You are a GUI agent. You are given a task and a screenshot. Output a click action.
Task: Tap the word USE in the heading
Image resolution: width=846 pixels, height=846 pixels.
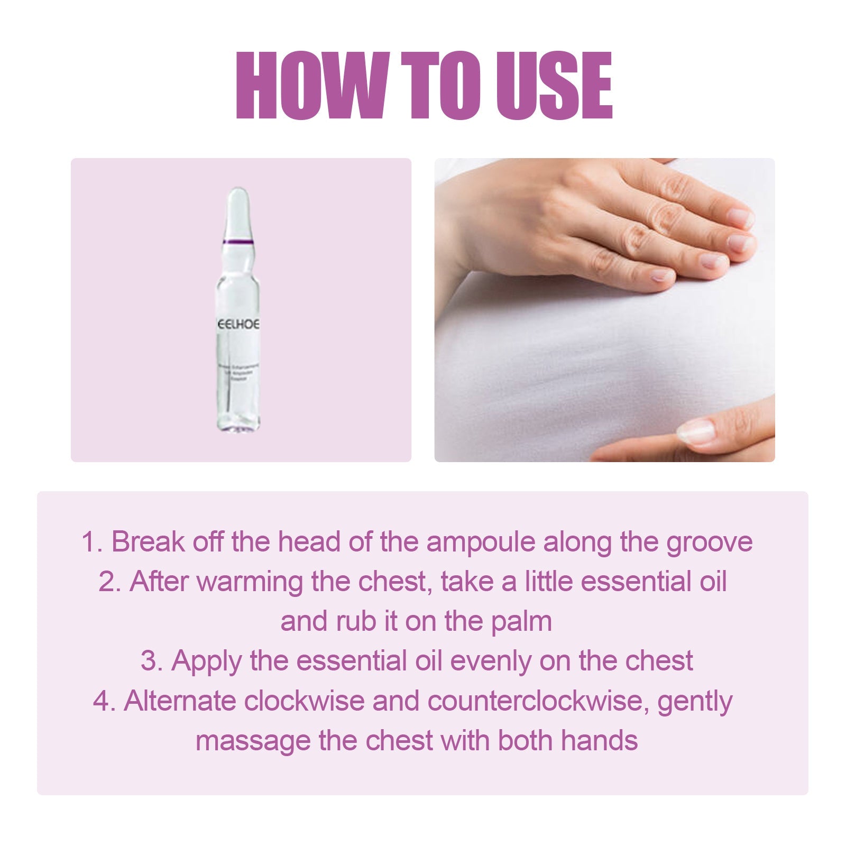click(554, 86)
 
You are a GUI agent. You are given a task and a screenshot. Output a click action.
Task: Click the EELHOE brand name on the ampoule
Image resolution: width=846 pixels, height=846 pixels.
click(238, 324)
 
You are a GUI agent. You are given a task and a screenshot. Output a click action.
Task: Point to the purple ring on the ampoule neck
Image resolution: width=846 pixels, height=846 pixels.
click(238, 242)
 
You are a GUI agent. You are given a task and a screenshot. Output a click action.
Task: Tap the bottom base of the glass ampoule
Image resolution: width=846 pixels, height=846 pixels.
click(237, 425)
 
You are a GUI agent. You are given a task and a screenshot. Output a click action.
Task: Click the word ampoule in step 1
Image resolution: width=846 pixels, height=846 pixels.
click(481, 542)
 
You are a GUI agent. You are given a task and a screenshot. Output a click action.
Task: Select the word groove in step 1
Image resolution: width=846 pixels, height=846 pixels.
click(709, 542)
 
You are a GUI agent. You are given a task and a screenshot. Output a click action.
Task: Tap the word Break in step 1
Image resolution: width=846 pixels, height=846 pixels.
click(148, 542)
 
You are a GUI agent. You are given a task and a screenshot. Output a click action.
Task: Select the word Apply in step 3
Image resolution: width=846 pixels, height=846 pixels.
click(206, 661)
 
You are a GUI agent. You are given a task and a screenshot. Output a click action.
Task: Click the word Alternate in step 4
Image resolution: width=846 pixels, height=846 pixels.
click(179, 701)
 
